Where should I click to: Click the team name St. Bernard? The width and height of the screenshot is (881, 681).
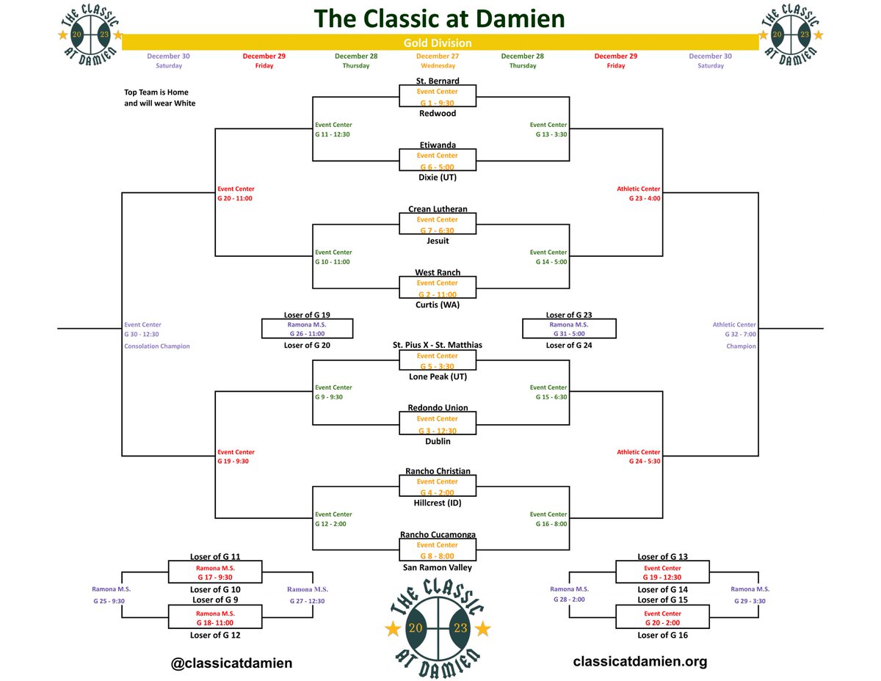(x=438, y=81)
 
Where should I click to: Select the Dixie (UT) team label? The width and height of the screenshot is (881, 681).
(x=438, y=177)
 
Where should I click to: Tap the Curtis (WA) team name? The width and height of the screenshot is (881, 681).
(x=438, y=305)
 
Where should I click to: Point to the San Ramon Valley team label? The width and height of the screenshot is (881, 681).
(x=438, y=567)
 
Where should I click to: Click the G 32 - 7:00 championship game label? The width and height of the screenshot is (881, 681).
(x=740, y=334)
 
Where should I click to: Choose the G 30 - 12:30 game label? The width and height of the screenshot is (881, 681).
(x=142, y=334)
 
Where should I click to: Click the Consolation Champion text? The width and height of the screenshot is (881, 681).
(x=157, y=346)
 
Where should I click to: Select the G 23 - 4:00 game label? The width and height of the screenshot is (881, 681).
(x=644, y=198)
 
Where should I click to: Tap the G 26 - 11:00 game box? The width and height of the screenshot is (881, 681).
(x=307, y=329)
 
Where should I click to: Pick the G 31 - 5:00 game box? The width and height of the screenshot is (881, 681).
(x=569, y=329)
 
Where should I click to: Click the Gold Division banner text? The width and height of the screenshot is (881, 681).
(x=438, y=43)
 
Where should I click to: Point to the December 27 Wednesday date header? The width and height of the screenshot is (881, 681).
(x=438, y=60)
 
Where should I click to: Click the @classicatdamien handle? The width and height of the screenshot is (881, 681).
(x=231, y=663)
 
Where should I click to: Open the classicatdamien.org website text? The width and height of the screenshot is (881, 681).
(x=640, y=661)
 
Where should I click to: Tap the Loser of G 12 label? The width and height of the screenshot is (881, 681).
(x=215, y=636)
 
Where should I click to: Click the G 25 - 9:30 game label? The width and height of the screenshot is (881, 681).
(x=109, y=601)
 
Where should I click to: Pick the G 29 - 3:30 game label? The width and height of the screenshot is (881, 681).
(x=750, y=601)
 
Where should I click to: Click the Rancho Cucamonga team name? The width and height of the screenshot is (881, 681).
(x=438, y=535)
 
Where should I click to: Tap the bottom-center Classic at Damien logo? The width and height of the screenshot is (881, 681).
(x=438, y=628)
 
